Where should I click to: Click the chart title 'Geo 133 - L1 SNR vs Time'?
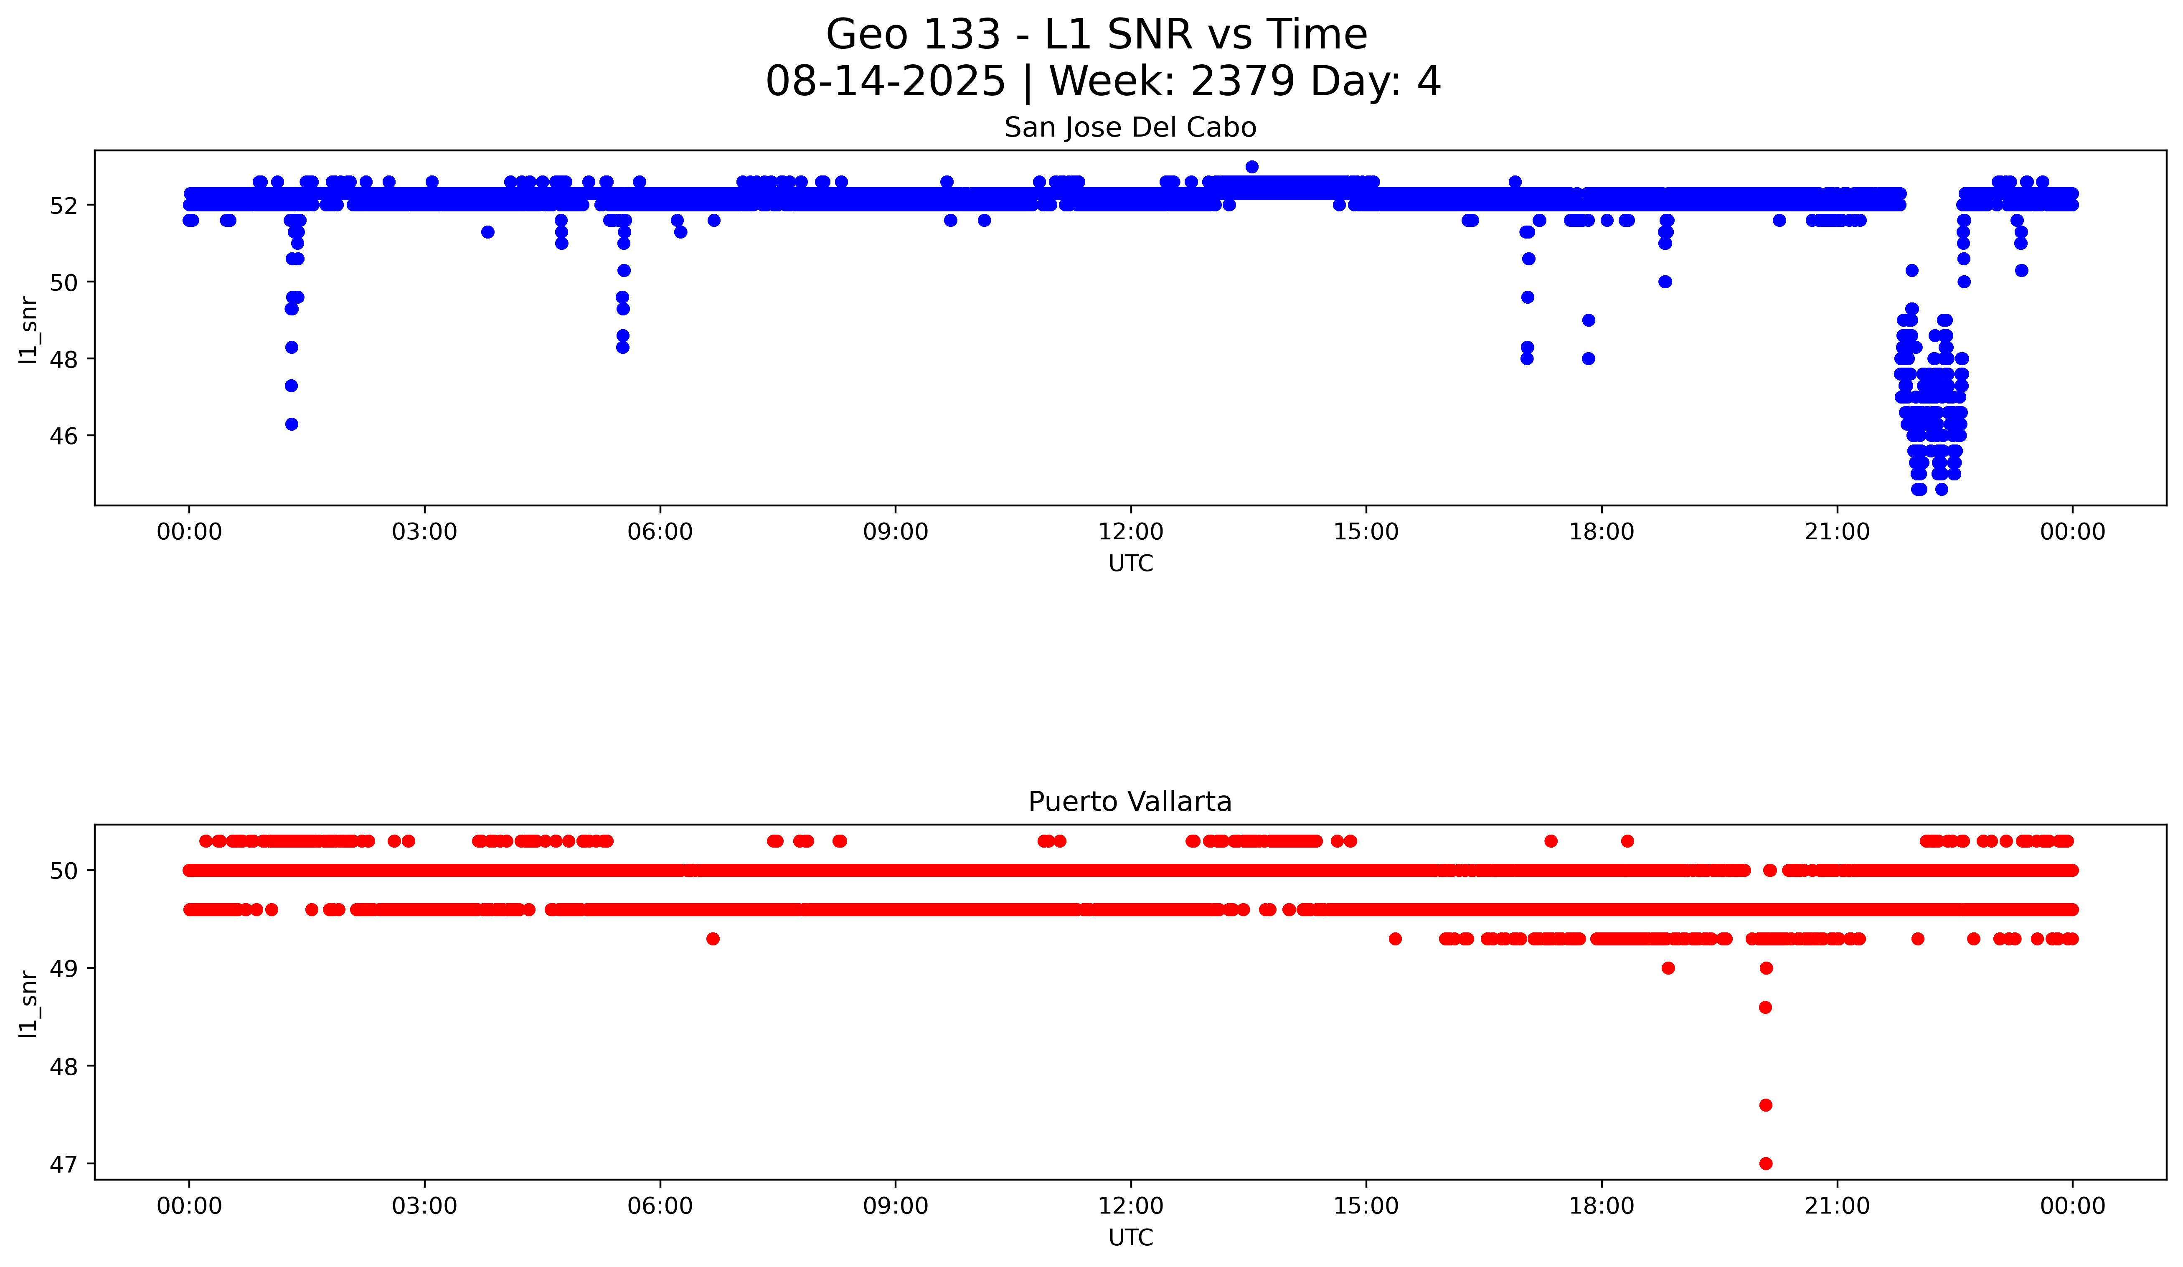click(x=1096, y=36)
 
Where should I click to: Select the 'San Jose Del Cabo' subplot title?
click(x=1130, y=128)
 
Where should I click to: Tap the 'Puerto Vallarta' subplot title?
click(x=1130, y=802)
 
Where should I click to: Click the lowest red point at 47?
click(x=1765, y=1163)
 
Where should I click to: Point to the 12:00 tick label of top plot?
click(x=1130, y=532)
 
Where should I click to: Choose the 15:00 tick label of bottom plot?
click(x=1366, y=1206)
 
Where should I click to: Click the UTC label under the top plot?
click(x=1130, y=564)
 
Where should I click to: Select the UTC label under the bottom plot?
click(x=1130, y=1238)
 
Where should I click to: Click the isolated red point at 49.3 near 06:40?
click(x=713, y=939)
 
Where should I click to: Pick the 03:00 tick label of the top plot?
click(x=424, y=532)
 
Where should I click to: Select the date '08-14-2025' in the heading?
click(x=885, y=81)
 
